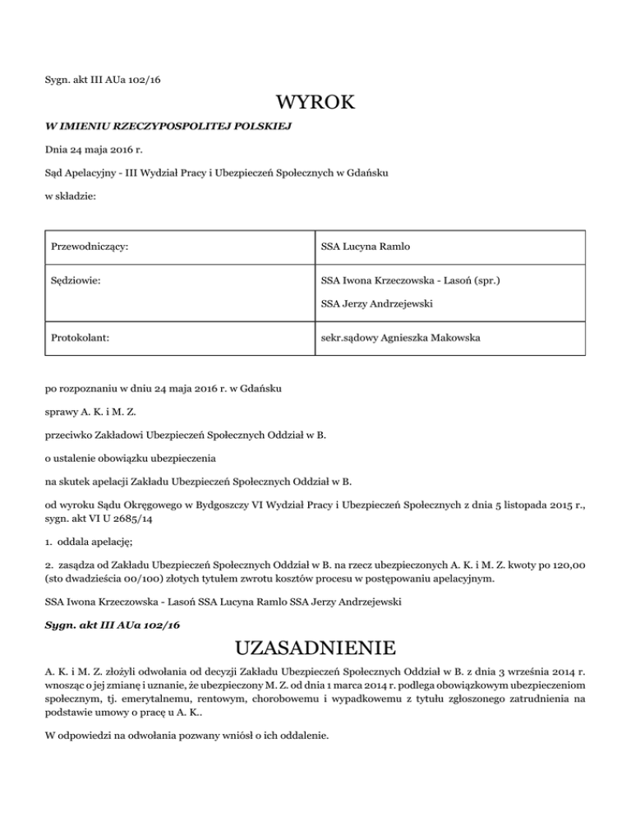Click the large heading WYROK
pyautogui.click(x=315, y=104)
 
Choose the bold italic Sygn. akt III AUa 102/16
pyautogui.click(x=113, y=625)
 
